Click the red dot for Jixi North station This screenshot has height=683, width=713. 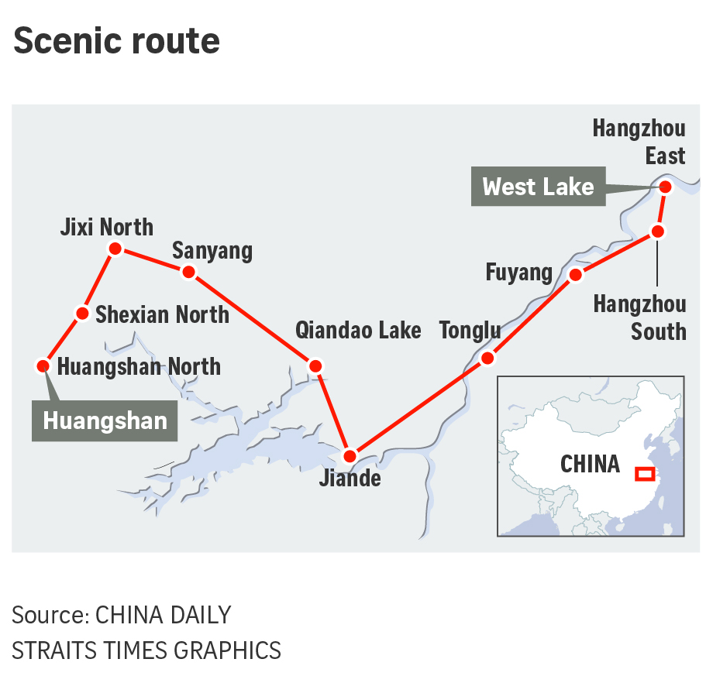pos(115,249)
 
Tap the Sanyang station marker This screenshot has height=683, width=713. pos(188,272)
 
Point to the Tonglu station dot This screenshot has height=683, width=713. pos(487,359)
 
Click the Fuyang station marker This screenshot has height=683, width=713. pos(575,275)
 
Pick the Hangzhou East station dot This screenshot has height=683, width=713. pos(665,187)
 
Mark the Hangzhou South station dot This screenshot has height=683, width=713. pos(657,232)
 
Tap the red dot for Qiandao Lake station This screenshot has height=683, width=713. pos(315,366)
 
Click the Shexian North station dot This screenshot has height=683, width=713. pos(82,314)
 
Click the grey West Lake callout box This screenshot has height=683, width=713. pos(538,187)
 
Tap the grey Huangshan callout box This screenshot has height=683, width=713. pos(105,421)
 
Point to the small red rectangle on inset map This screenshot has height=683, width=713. pos(645,474)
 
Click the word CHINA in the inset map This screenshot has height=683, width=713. pos(590,464)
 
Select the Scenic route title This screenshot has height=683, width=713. pos(116,41)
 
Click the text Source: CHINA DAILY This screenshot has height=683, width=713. pos(122,615)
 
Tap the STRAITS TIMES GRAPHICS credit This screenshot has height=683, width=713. pos(146,650)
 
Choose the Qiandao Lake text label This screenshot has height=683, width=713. pos(358,331)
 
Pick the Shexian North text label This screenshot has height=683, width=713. pos(162,314)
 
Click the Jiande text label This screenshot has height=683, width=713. pos(350,479)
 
